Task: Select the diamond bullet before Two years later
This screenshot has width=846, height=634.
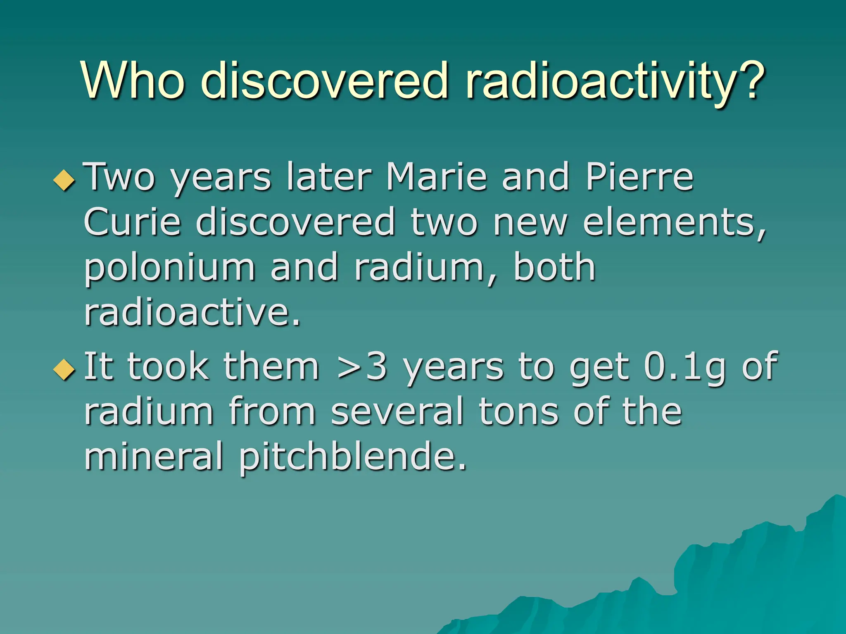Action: [x=65, y=180]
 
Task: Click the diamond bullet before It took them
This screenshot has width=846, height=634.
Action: [x=65, y=369]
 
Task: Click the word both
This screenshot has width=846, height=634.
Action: [x=554, y=267]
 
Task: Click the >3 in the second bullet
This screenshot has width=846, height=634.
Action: [x=362, y=366]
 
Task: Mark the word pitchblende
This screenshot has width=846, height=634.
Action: [x=352, y=457]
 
